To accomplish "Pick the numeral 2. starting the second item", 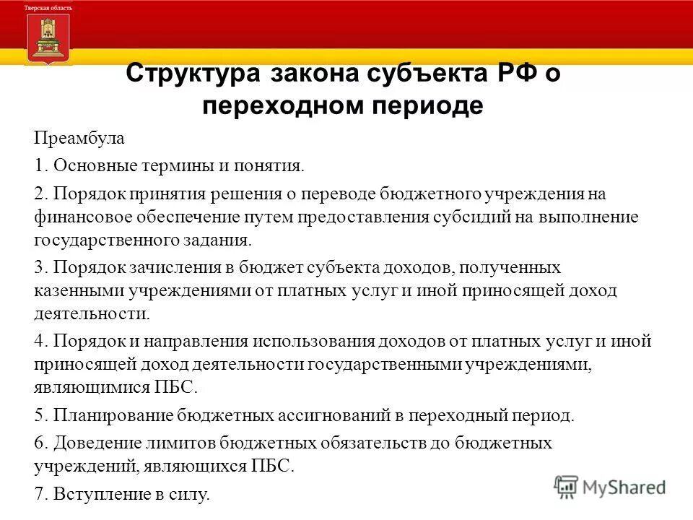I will pos(40,194).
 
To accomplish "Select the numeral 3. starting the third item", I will pos(40,267).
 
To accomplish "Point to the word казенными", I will pos(79,290).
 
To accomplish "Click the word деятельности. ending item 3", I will pos(92,313).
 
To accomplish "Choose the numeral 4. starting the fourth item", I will pos(40,341).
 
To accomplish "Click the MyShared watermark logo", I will pos(611,487).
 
